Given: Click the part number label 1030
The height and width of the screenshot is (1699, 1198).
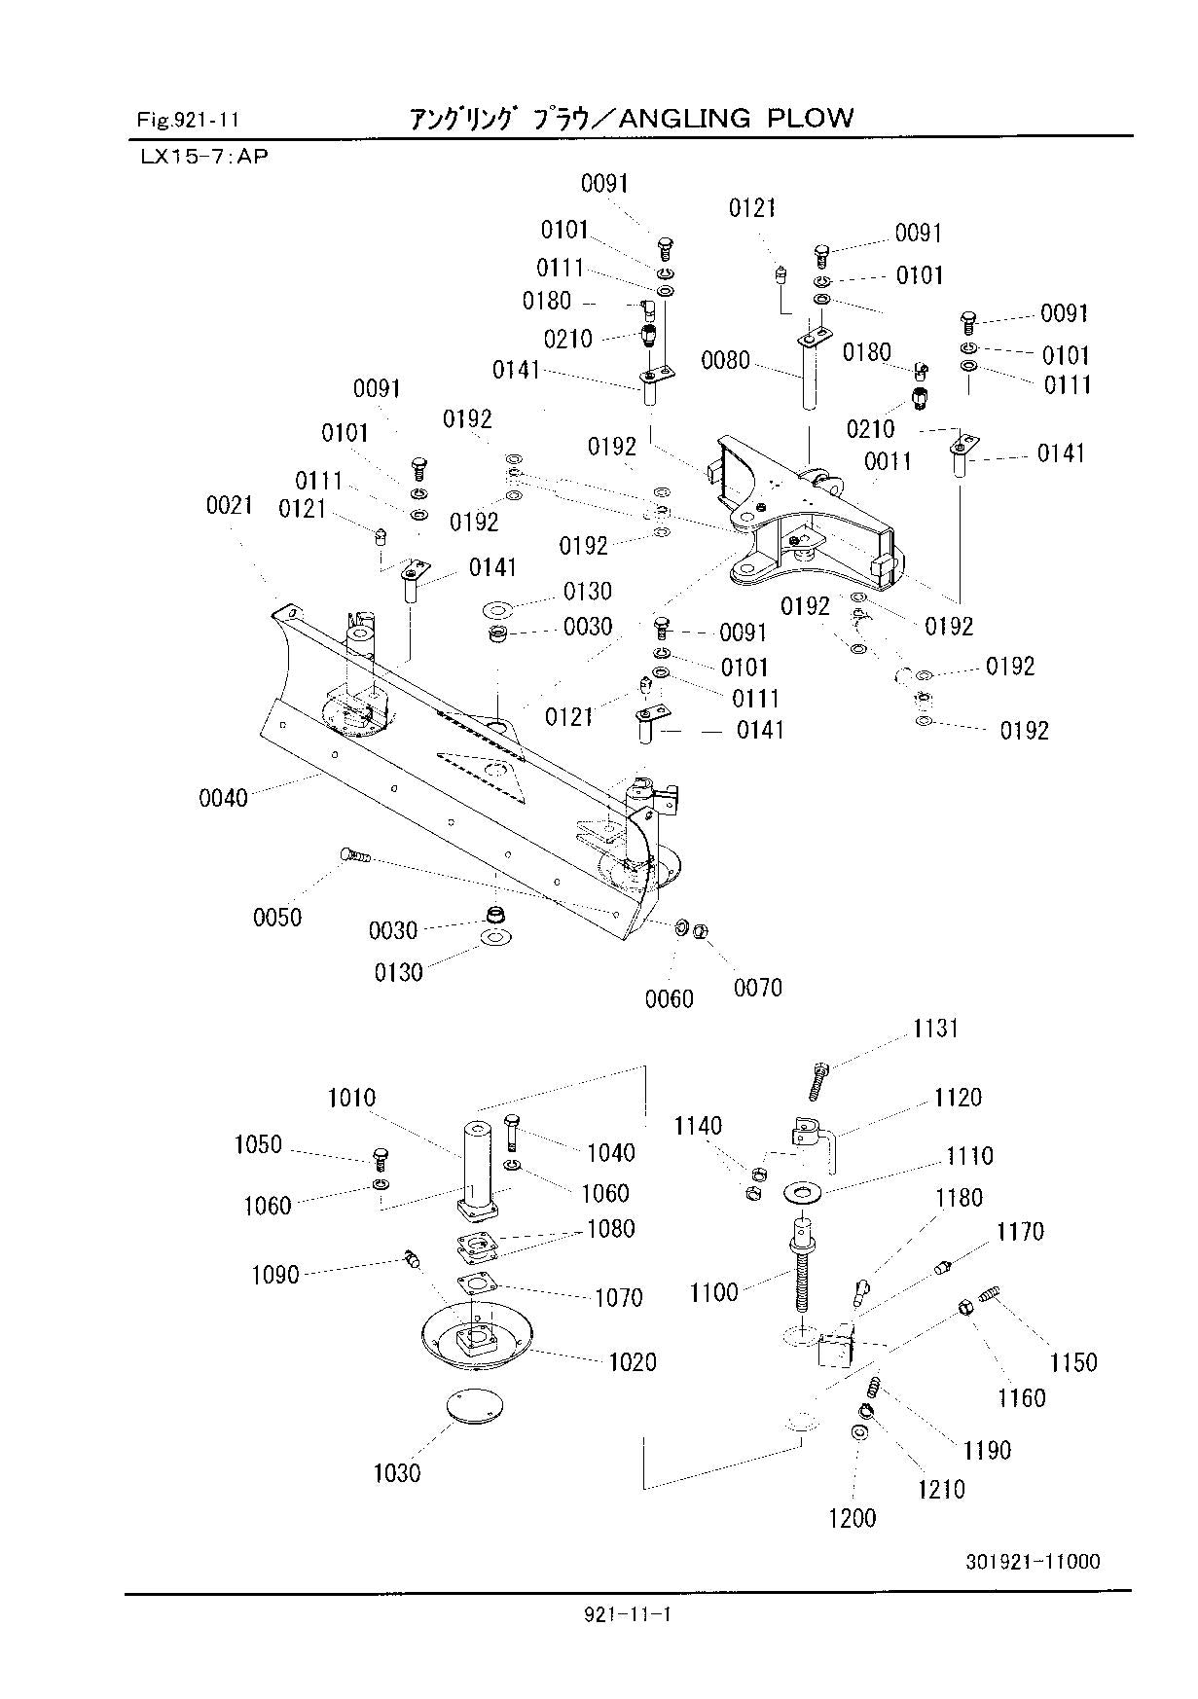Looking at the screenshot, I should click(397, 1473).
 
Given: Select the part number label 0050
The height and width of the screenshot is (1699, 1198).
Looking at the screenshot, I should click(277, 918).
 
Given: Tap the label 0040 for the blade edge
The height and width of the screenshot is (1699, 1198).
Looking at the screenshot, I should click(224, 798).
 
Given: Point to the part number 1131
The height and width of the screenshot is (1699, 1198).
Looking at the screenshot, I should click(936, 1030).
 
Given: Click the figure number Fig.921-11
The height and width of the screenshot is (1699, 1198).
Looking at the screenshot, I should click(188, 121).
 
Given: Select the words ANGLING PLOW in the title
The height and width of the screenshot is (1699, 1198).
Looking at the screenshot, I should click(736, 119).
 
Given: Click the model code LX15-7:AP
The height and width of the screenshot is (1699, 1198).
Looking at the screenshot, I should click(202, 156).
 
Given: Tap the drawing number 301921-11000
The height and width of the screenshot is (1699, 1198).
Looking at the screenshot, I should click(1033, 1562).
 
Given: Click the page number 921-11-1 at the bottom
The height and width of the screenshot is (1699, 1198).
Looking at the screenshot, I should click(629, 1615).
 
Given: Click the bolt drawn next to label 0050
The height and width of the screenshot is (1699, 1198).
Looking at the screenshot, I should click(355, 856).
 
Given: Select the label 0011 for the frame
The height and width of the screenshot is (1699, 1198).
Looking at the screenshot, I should click(888, 461).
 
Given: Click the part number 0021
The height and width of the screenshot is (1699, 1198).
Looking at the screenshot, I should click(230, 505).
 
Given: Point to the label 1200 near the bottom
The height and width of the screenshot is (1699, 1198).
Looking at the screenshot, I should click(853, 1518).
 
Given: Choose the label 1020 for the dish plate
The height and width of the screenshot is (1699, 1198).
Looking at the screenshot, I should click(633, 1362).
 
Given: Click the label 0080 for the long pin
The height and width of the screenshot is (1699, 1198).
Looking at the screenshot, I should click(726, 361).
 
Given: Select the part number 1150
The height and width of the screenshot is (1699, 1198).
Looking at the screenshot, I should click(1073, 1362).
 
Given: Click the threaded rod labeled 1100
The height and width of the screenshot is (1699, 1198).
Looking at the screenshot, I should click(802, 1265).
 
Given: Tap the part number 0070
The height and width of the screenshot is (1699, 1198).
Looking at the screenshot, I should click(758, 989).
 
